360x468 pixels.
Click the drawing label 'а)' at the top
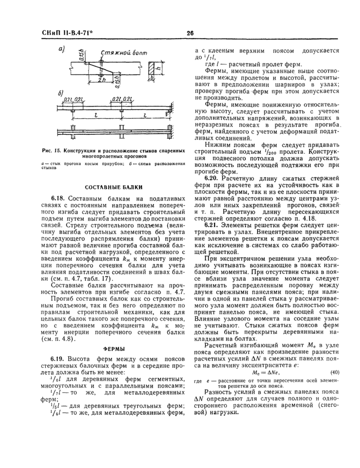coord(62,49)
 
